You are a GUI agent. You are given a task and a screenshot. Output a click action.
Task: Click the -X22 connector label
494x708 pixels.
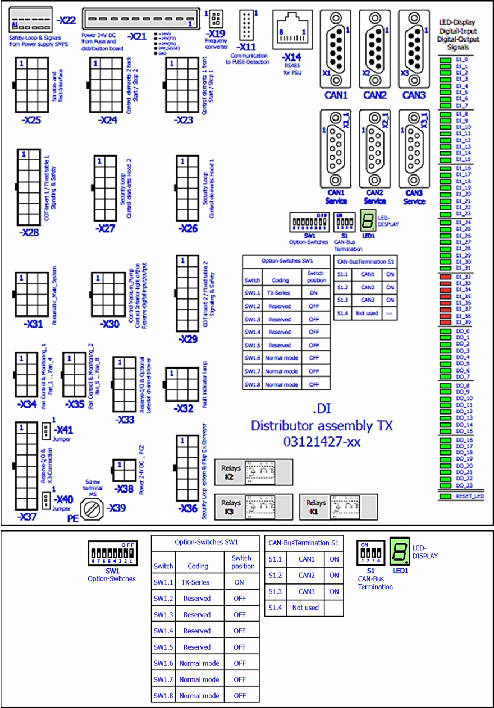[x=66, y=21]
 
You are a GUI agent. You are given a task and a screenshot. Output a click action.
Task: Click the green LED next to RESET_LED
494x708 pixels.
[x=445, y=496]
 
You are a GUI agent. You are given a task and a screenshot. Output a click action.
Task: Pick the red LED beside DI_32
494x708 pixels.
[x=445, y=277]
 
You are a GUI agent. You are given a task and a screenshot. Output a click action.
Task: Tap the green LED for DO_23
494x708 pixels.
[x=445, y=485]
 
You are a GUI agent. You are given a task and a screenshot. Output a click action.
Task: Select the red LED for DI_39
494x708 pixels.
[x=445, y=322]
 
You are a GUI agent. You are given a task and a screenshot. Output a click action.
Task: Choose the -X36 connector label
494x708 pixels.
[x=187, y=509]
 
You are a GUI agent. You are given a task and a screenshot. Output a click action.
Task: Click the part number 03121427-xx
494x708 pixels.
[x=322, y=442]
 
